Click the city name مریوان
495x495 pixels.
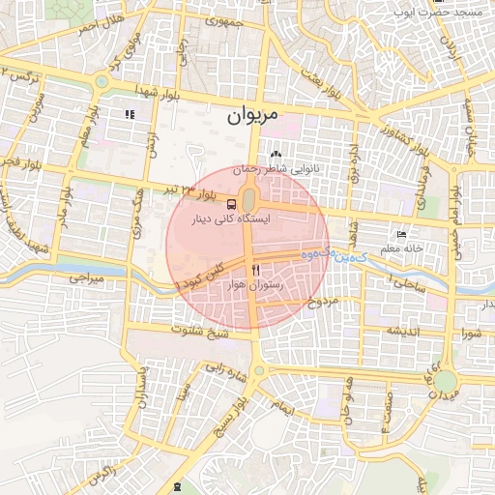[x=252, y=116]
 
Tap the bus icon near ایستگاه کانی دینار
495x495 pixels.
[x=231, y=204]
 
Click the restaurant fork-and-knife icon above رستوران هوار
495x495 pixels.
[x=255, y=270]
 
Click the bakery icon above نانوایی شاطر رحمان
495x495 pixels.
[x=276, y=154]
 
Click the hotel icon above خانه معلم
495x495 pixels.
[x=403, y=235]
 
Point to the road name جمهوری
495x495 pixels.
[x=218, y=21]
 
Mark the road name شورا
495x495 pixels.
[x=472, y=335]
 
